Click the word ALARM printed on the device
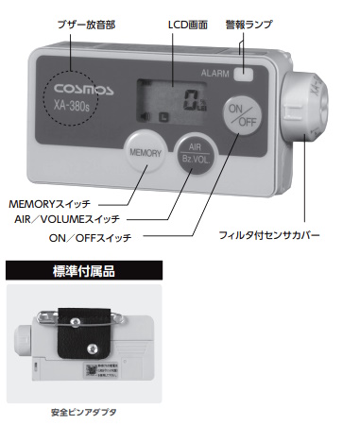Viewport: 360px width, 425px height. pos(215,73)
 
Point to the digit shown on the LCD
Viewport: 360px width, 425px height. pos(192,98)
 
